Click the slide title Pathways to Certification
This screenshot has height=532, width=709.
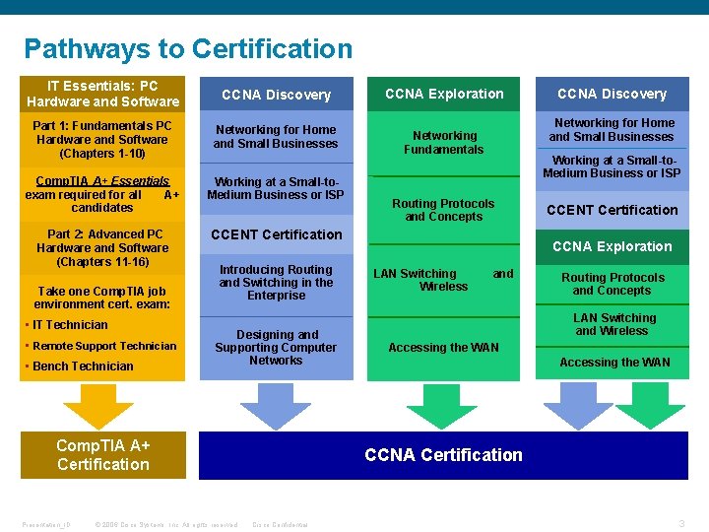click(187, 48)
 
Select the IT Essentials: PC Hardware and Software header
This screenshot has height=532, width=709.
click(102, 94)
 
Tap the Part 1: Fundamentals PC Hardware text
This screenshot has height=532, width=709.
click(102, 140)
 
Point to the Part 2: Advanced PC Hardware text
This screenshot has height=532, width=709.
click(102, 248)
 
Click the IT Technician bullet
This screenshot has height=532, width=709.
click(70, 325)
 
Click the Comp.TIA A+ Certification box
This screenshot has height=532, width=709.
click(102, 455)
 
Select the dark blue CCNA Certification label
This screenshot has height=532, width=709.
click(443, 455)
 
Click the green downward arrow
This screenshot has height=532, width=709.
click(442, 404)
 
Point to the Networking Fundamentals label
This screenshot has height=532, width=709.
click(443, 143)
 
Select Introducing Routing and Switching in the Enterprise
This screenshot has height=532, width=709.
click(276, 283)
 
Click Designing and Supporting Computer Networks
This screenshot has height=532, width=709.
click(276, 348)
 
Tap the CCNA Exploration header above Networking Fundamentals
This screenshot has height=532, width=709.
click(443, 95)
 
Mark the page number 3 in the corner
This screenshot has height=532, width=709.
click(681, 524)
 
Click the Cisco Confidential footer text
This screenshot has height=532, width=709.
click(281, 525)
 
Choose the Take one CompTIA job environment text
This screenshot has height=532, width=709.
click(102, 298)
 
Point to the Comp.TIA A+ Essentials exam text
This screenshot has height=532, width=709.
click(102, 194)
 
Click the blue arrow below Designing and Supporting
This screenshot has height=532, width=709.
click(261, 404)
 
